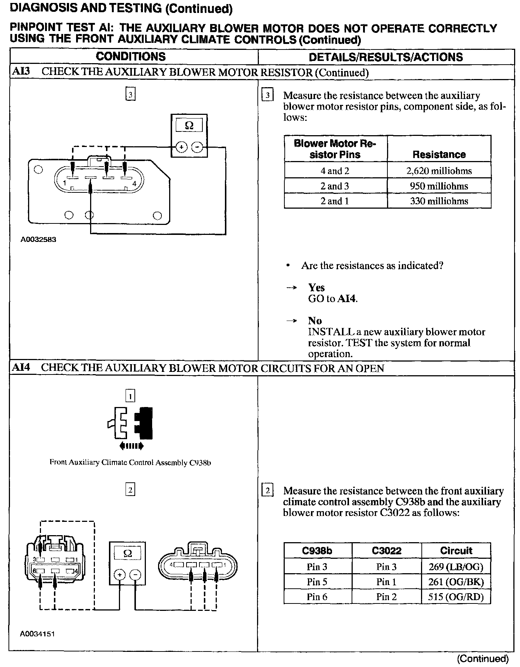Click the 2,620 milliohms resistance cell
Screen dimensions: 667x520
click(x=439, y=171)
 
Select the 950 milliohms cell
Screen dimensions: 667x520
click(x=439, y=186)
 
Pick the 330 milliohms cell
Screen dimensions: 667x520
click(x=439, y=201)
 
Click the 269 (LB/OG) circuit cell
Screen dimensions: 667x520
click(x=456, y=567)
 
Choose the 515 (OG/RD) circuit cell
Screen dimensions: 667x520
click(x=456, y=597)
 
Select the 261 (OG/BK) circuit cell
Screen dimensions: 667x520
click(x=456, y=582)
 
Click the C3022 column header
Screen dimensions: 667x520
click(x=386, y=551)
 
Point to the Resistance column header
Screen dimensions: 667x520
click(x=439, y=154)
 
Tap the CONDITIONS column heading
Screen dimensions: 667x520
click(x=131, y=57)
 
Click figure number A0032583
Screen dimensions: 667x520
click(x=38, y=240)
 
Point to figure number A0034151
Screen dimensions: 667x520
click(x=38, y=634)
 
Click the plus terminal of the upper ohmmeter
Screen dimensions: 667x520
click(x=181, y=147)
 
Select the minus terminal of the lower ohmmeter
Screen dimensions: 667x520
click(x=136, y=575)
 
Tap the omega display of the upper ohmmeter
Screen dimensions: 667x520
click(x=189, y=126)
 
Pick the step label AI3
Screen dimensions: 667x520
click(x=20, y=72)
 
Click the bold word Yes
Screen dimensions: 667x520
click(x=317, y=288)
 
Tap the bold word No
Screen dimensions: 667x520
click(x=315, y=321)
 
